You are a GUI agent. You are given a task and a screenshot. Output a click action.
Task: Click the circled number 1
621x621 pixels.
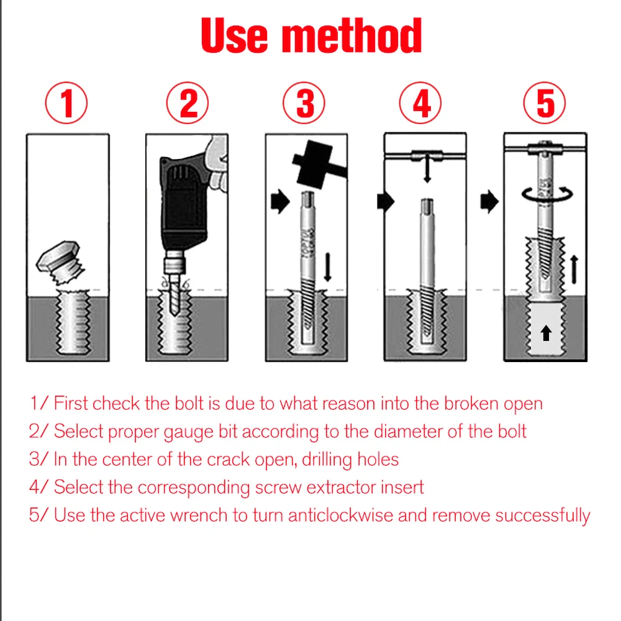click(x=66, y=103)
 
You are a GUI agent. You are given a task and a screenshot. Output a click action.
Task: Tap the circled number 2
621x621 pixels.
click(x=188, y=103)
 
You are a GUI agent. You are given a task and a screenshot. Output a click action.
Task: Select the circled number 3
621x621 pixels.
click(x=304, y=103)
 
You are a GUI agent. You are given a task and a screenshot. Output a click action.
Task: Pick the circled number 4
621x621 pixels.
click(x=420, y=103)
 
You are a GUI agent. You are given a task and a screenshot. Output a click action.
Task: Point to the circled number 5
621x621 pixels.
click(x=545, y=103)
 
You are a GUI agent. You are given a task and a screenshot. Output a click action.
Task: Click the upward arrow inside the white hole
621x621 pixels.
click(x=546, y=333)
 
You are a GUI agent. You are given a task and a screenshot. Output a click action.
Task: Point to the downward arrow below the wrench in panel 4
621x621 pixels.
click(x=427, y=169)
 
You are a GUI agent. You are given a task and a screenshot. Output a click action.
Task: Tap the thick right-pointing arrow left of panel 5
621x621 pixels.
click(x=489, y=201)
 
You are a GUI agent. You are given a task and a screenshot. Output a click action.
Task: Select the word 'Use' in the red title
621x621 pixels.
click(x=235, y=35)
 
